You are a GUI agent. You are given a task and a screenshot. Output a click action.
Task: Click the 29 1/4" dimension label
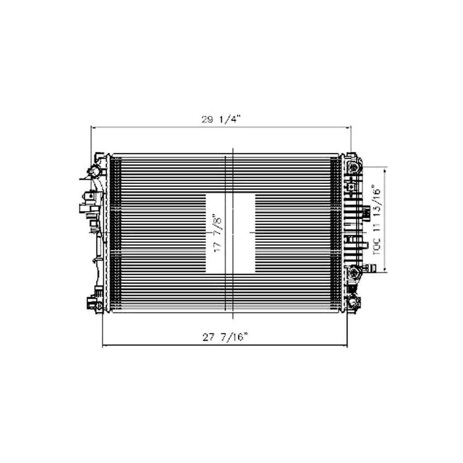coord(221,119)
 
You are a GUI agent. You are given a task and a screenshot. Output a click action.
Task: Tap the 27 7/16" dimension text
coord(225,337)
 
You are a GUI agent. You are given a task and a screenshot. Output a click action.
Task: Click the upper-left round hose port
coord(95,171)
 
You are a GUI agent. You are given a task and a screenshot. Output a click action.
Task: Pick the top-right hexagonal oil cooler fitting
coord(354,167)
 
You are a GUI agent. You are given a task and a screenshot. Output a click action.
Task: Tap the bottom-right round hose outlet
coord(354,302)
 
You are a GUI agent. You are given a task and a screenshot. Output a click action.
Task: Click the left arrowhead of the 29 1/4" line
coord(93,128)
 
